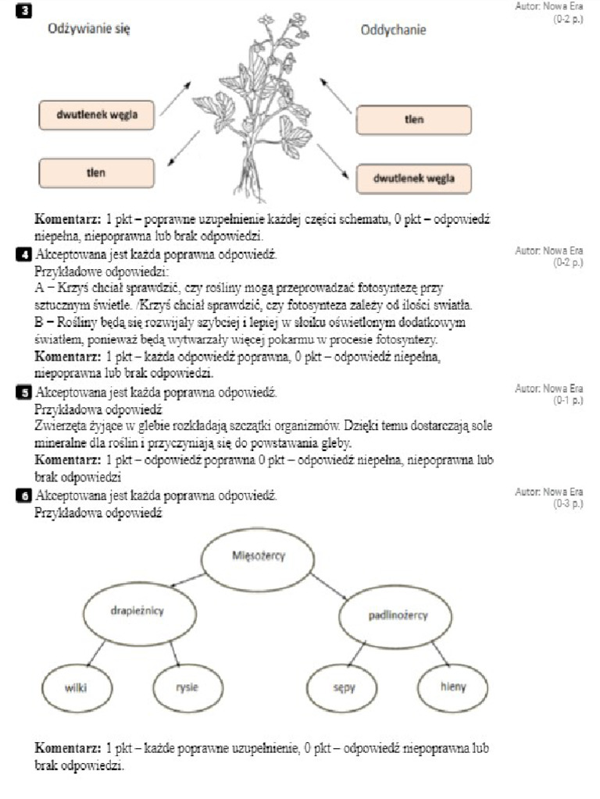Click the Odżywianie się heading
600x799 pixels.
(88, 30)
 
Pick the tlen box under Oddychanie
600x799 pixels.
(413, 120)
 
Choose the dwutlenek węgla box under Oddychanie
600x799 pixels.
(414, 179)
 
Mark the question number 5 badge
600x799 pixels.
(28, 392)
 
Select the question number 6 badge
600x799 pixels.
(28, 495)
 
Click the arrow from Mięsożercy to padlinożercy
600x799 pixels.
(331, 587)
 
